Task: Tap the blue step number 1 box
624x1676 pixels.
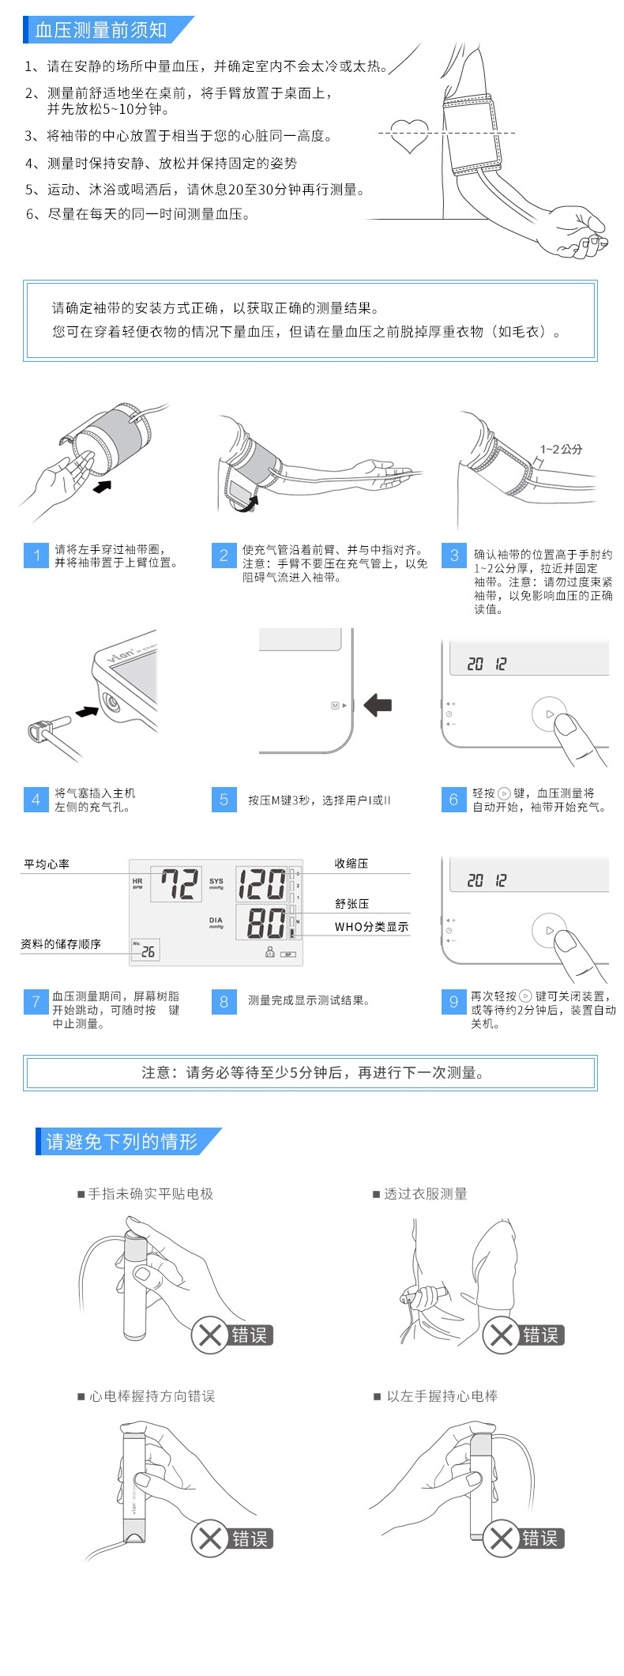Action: coord(36,556)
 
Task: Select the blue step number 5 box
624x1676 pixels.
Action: coord(224,800)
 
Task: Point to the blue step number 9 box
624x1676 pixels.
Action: coord(453,1001)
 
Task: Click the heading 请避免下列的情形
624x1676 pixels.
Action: coord(121,1142)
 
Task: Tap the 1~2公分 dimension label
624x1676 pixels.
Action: coord(562,449)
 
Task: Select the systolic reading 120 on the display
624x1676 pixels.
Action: coord(261,884)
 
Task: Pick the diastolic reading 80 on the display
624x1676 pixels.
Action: coord(266,922)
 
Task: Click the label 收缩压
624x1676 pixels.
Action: coord(351,864)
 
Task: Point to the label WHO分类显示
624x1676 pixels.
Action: coord(371,927)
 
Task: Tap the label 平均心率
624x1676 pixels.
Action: coord(47,864)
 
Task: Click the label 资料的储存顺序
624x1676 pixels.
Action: coord(61,943)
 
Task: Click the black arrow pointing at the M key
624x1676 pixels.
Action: coord(378,705)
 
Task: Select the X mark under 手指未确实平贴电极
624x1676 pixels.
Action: coord(210,1335)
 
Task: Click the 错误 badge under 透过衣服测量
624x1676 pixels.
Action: coord(540,1335)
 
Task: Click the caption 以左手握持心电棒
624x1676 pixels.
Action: coord(442,1396)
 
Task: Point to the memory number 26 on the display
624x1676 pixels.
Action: coord(148,951)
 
